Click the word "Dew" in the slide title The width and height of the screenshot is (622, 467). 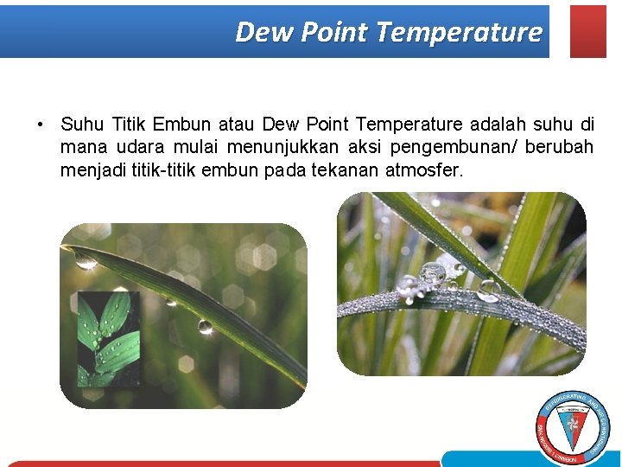pos(257,32)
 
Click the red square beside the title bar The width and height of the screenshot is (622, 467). pos(588,31)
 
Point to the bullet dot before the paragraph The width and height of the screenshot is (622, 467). pos(41,125)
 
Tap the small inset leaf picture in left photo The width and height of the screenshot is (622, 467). pos(108,338)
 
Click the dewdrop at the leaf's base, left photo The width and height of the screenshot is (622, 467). pos(86,259)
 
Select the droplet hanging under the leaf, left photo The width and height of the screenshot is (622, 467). pos(205,326)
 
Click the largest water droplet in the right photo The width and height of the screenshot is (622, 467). pos(432,273)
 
